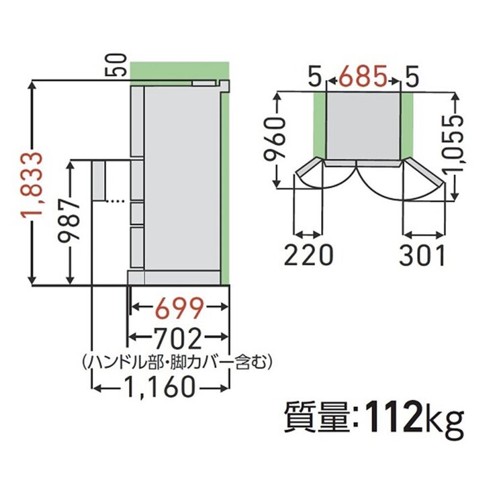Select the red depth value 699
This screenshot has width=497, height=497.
[x=178, y=308]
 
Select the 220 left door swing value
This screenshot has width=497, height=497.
[x=308, y=256]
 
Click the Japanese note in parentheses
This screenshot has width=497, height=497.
[x=175, y=363]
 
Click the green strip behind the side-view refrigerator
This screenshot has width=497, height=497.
[x=225, y=181]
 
